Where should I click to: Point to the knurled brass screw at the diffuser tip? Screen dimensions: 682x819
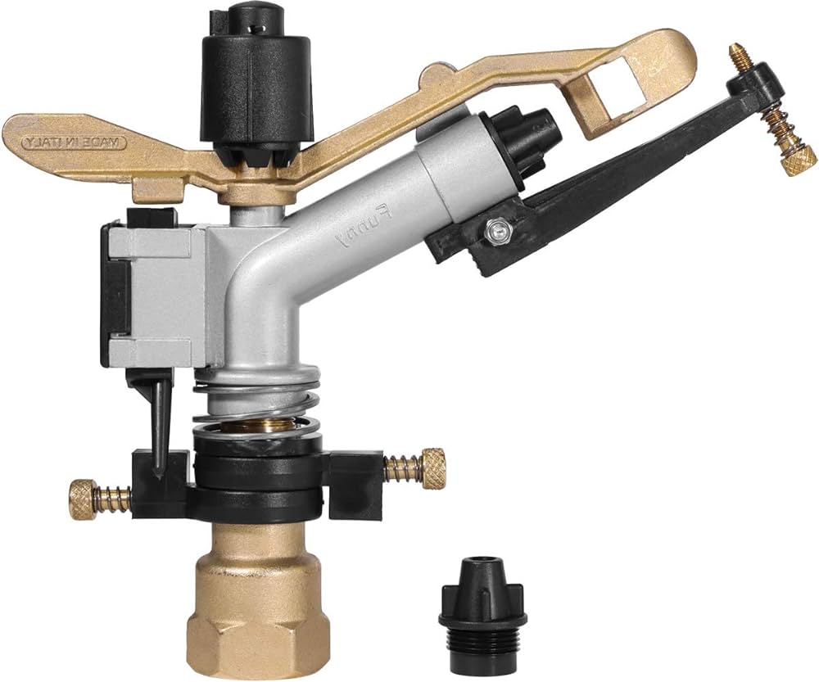click(787, 160)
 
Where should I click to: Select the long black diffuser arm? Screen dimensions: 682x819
click(622, 188)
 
